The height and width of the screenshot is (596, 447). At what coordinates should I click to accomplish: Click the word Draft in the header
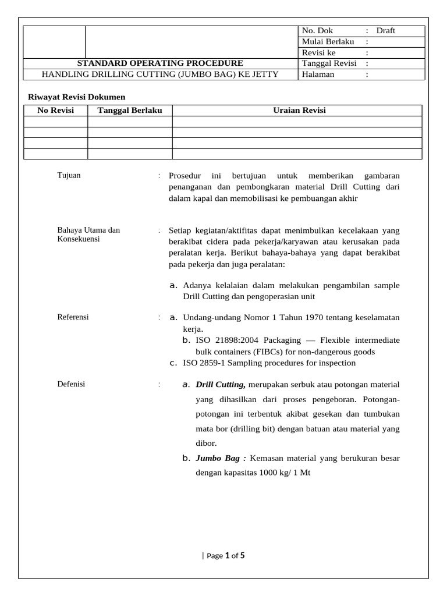385,31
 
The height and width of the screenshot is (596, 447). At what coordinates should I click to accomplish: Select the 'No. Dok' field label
317,31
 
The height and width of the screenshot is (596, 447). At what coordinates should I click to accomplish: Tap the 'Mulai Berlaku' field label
328,42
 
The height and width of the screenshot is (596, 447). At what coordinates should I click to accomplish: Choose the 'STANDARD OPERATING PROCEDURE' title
161,63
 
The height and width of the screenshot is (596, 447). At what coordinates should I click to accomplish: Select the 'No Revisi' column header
55,111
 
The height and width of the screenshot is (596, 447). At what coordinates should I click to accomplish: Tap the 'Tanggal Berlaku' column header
130,111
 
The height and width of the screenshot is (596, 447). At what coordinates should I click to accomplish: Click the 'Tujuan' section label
69,175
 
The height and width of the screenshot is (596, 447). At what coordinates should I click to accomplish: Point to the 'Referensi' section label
73,317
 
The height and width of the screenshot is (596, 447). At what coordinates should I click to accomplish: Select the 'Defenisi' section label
71,384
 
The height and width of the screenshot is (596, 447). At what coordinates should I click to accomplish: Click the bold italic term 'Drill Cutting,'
221,385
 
